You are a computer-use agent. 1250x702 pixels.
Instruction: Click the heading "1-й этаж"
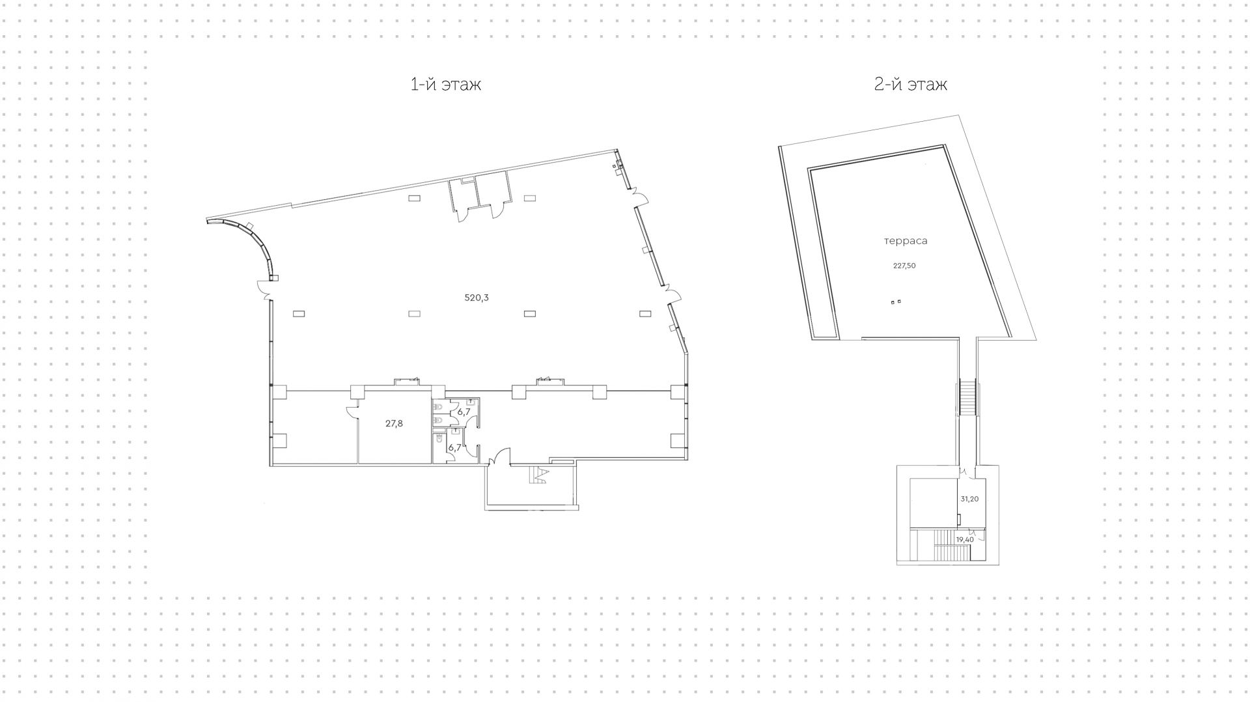point(446,85)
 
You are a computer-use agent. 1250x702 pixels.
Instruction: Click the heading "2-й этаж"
point(911,84)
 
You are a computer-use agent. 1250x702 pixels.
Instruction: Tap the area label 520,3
point(476,298)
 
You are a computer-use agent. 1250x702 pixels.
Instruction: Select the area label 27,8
point(394,423)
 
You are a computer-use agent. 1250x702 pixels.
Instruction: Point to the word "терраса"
point(906,241)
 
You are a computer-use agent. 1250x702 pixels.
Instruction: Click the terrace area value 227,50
point(904,266)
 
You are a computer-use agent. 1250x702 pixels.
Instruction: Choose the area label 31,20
point(969,499)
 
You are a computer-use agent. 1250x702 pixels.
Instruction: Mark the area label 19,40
point(965,539)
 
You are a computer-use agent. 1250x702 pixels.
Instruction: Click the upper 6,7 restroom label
point(463,412)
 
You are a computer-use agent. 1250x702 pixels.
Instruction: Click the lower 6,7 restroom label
point(454,447)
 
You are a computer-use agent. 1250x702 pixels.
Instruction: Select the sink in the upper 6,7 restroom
point(471,402)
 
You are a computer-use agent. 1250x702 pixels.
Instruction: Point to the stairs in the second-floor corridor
point(968,398)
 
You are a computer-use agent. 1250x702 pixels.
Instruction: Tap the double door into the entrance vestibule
point(499,456)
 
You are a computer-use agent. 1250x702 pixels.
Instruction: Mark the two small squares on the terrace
point(896,302)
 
